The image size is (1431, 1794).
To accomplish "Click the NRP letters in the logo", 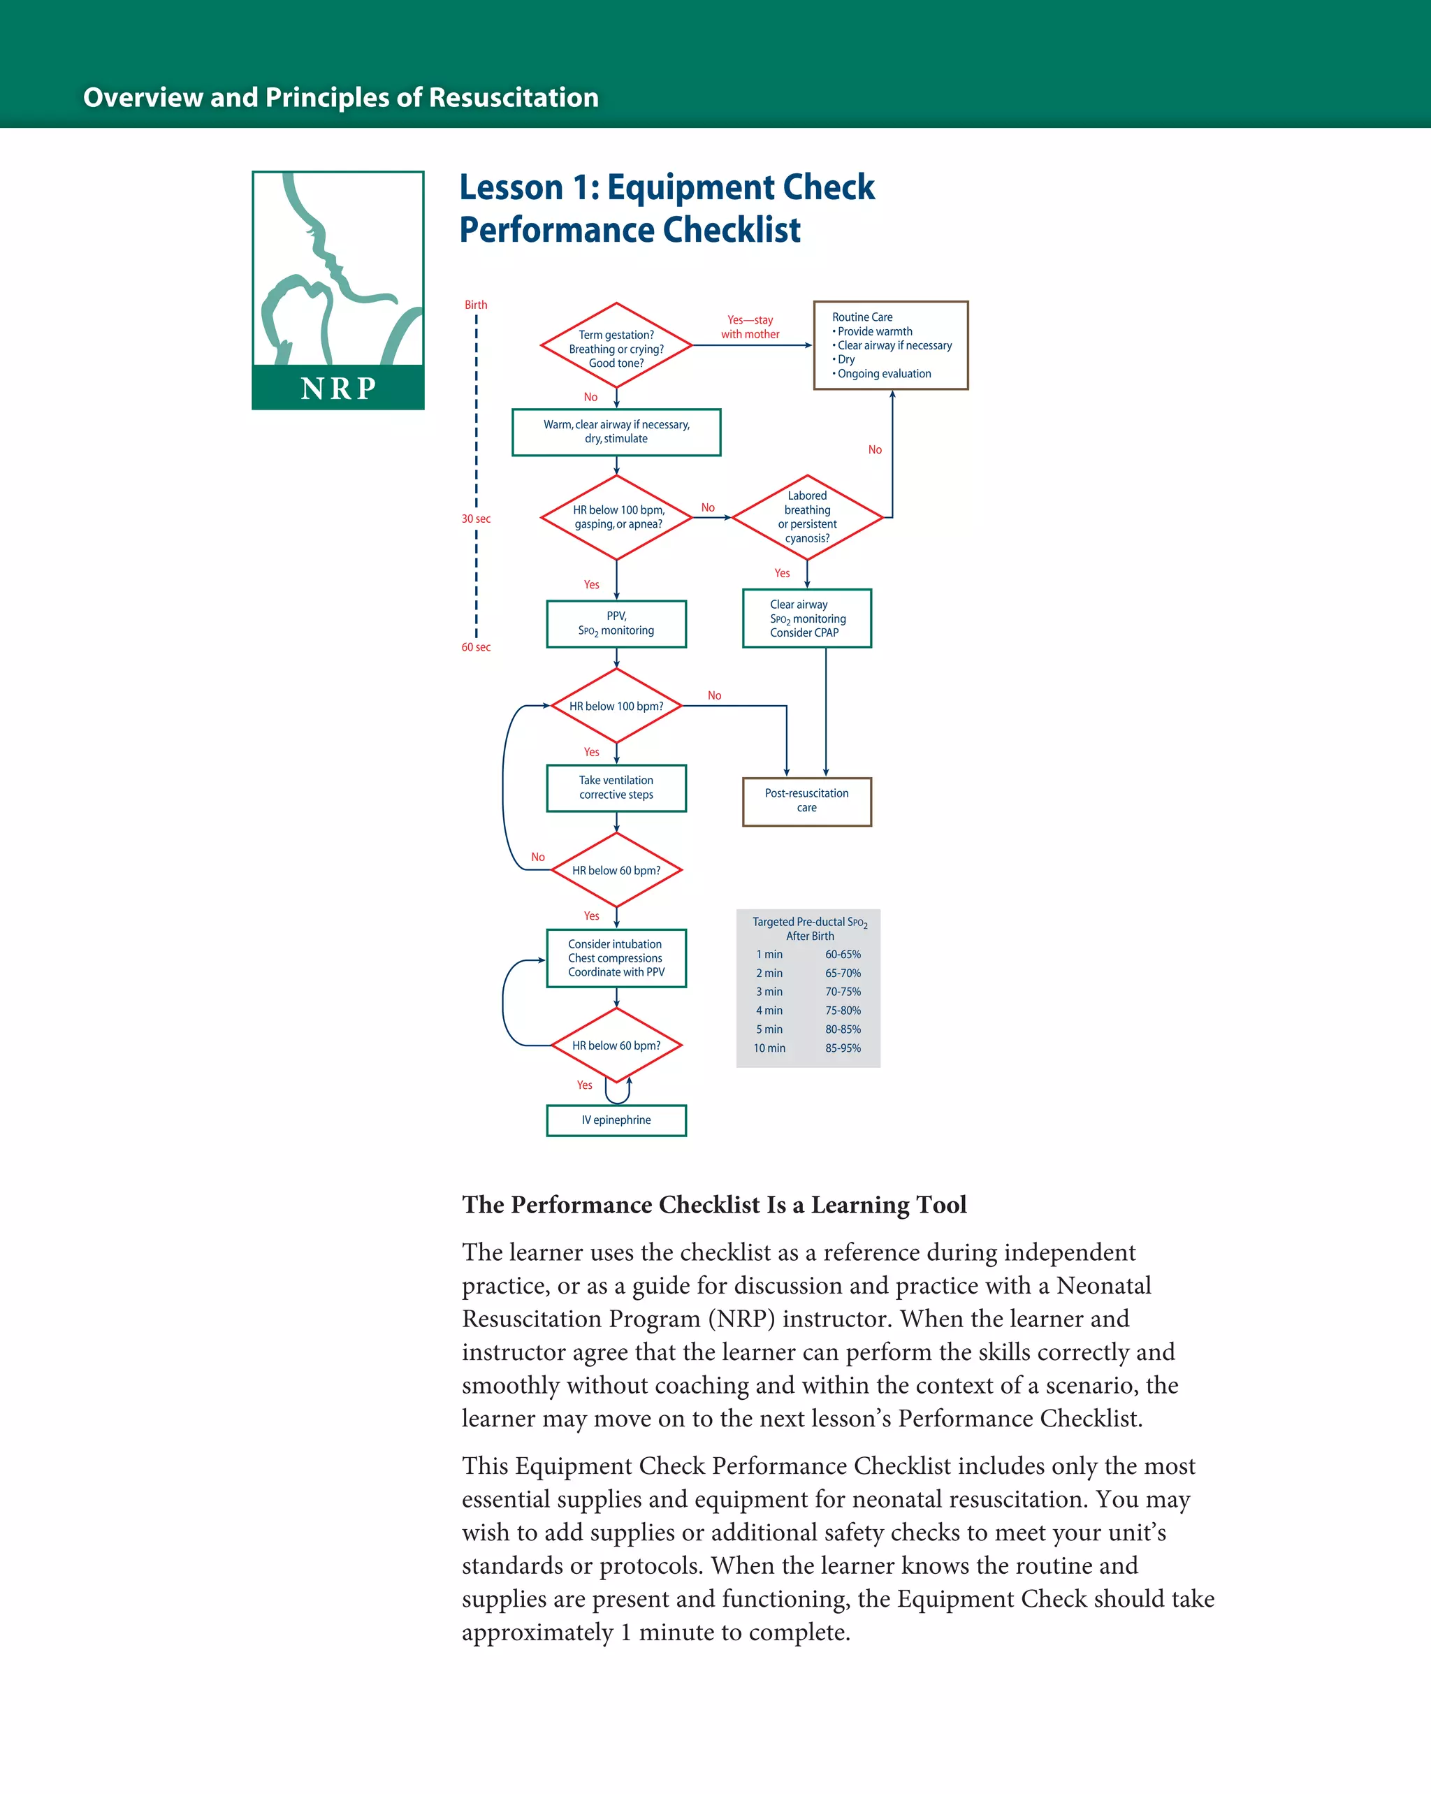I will (x=337, y=388).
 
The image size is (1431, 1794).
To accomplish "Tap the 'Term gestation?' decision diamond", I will (x=616, y=346).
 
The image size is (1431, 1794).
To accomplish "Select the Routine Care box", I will (x=890, y=345).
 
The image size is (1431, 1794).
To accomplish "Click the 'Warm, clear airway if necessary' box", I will (x=616, y=432).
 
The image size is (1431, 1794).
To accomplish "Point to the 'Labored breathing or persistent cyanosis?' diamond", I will (x=807, y=516).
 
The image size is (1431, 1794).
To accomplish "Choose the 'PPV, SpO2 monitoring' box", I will (x=616, y=623).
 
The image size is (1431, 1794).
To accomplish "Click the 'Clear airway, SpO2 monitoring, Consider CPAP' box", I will (x=806, y=619).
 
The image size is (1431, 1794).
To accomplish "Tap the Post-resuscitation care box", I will (x=806, y=800).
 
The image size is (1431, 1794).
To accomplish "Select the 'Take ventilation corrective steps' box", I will (x=616, y=787).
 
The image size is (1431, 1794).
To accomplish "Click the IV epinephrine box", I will (x=616, y=1120).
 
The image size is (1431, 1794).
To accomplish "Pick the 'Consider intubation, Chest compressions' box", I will (x=616, y=957).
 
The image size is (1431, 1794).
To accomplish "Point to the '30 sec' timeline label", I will (x=476, y=519).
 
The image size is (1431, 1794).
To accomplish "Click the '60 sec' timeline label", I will (x=476, y=647).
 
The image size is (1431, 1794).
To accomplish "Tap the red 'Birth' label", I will (x=476, y=305).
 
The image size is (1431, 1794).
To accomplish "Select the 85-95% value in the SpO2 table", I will (x=843, y=1048).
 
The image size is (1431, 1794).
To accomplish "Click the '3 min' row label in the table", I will (x=769, y=992).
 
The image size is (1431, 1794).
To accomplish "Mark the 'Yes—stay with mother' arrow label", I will (x=750, y=327).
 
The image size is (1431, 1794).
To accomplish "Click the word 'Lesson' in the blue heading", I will (x=511, y=188).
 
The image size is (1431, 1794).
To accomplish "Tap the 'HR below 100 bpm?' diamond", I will (x=616, y=706).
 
